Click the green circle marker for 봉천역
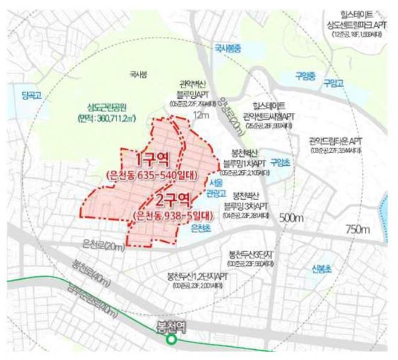pyautogui.click(x=171, y=339)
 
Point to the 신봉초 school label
pyautogui.click(x=317, y=269)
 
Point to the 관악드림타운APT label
pyautogui.click(x=335, y=139)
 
